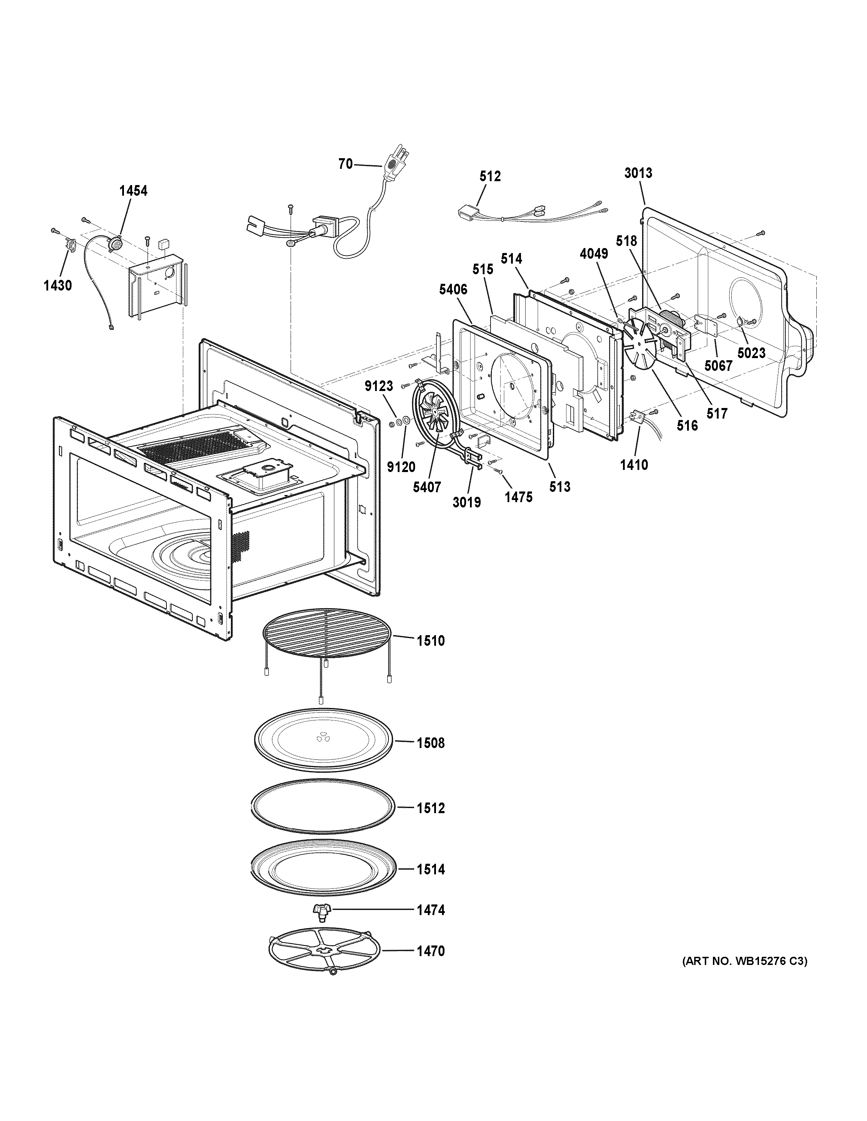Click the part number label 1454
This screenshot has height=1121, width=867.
click(x=133, y=191)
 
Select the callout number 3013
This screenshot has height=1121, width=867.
click(x=639, y=173)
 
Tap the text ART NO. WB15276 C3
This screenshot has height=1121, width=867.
click(x=744, y=961)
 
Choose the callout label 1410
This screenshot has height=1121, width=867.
click(x=634, y=465)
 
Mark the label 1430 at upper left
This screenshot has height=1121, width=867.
click(x=57, y=286)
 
